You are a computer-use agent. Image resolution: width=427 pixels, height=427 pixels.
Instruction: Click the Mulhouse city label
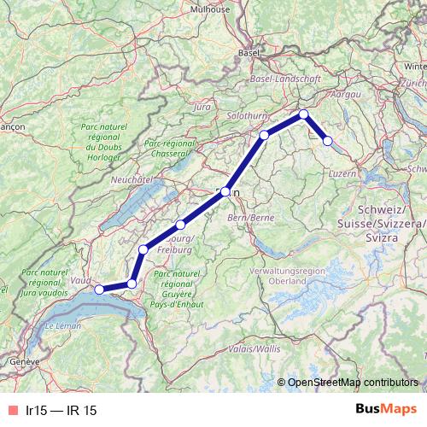[x=210, y=9]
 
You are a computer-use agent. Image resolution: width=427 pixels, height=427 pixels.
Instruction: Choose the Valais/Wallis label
[x=253, y=348]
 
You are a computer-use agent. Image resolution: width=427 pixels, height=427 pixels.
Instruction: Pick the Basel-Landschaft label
[x=285, y=79]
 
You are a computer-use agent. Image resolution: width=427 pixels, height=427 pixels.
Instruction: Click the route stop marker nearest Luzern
[x=327, y=141]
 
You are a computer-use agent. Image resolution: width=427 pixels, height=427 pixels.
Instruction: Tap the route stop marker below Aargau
[x=303, y=114]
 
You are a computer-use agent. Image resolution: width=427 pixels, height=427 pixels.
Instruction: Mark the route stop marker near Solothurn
[x=265, y=135]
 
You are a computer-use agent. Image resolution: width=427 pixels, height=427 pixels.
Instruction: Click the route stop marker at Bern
[x=225, y=192]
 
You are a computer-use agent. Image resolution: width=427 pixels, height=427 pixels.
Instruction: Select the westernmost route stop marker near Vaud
[x=98, y=290]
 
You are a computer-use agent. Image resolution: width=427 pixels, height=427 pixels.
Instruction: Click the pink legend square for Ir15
[x=13, y=411]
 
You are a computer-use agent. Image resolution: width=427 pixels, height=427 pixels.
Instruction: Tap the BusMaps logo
[x=385, y=410]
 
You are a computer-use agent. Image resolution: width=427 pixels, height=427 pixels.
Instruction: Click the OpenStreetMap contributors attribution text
[x=352, y=383]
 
